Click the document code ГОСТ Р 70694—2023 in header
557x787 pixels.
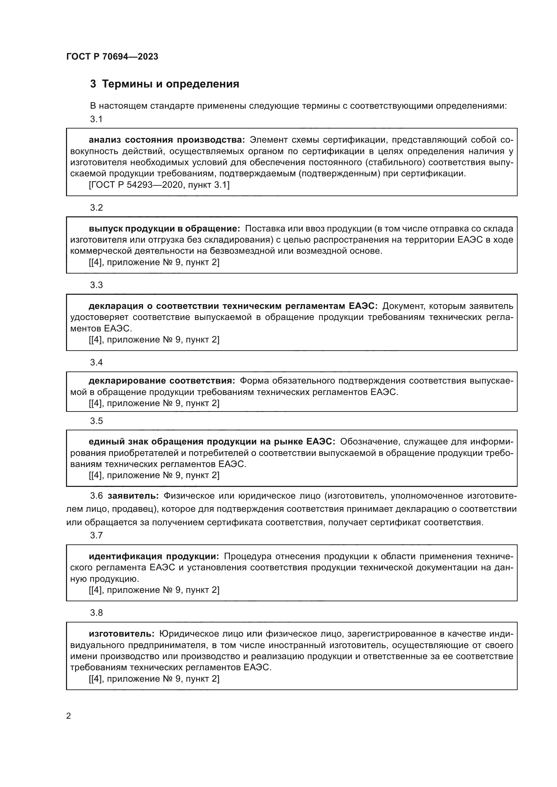112,57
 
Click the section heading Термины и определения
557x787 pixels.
170,84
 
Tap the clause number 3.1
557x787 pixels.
96,119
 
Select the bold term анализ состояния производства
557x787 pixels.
167,140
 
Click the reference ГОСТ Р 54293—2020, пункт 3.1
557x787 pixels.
159,185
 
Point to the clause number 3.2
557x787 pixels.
96,208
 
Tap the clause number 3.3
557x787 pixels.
96,285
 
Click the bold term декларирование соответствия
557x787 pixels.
162,381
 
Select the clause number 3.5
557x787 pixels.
96,421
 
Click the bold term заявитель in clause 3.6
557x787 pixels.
133,496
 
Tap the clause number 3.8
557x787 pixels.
96,612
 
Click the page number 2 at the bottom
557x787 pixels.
69,716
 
